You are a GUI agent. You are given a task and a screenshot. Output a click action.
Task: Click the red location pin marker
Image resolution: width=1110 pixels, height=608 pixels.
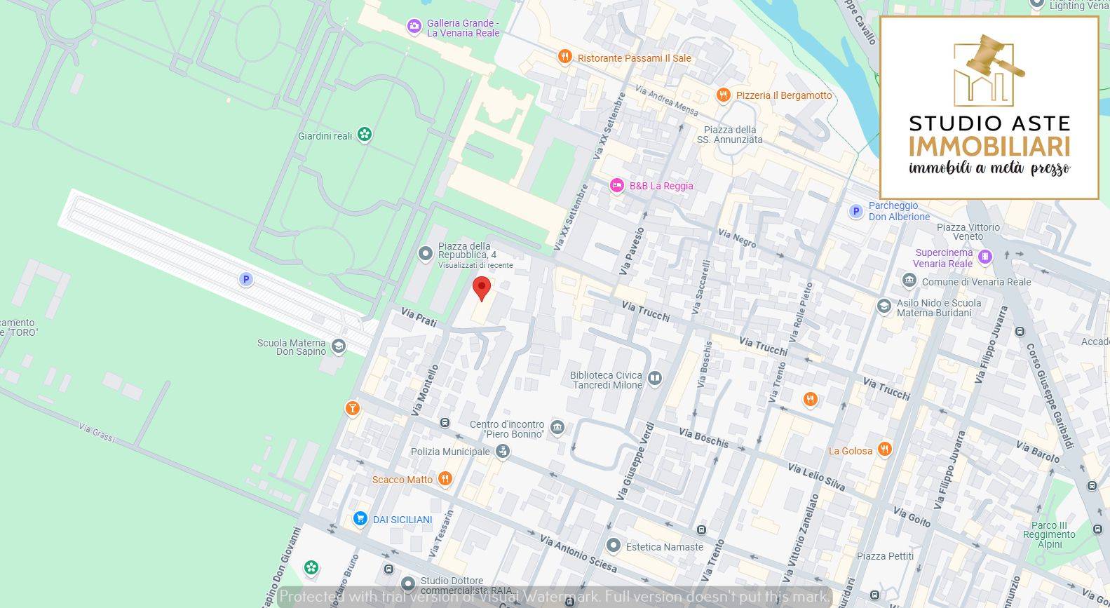(x=481, y=288)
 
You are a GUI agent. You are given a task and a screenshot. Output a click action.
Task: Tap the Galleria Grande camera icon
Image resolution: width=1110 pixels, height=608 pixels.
(x=414, y=27)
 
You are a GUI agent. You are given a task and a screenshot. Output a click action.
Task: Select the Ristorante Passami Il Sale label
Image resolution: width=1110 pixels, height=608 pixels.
(x=634, y=58)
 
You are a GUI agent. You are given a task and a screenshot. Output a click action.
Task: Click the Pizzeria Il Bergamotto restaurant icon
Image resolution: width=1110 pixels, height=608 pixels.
(x=724, y=95)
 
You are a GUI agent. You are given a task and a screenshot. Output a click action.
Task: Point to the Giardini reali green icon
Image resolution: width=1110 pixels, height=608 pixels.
(x=364, y=134)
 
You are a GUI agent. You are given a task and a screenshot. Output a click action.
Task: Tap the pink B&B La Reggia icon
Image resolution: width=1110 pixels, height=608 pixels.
(x=616, y=185)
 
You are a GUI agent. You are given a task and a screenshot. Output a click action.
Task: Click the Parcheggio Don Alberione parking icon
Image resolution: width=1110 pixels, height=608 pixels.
(x=855, y=211)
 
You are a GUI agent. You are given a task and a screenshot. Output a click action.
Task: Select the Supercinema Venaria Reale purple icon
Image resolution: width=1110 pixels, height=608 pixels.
(x=985, y=257)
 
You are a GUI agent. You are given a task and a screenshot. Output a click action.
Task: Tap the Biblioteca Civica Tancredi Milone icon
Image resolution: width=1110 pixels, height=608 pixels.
(x=654, y=379)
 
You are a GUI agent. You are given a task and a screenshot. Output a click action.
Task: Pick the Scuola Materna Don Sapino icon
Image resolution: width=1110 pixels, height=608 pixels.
(x=339, y=346)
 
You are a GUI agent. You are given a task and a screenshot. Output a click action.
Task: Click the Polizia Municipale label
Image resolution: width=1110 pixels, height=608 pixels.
(x=450, y=452)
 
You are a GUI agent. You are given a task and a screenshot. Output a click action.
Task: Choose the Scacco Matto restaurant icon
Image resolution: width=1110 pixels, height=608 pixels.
(x=445, y=479)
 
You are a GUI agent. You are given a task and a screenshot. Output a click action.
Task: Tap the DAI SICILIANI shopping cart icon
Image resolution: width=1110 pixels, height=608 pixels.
(x=360, y=519)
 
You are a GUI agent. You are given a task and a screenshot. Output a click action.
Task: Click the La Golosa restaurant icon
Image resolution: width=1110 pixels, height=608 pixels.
(x=885, y=450)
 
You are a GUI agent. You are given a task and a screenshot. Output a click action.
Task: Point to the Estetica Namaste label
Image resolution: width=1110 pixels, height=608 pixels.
(x=664, y=547)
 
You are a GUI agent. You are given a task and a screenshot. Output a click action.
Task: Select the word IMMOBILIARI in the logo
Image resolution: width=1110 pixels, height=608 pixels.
(x=989, y=147)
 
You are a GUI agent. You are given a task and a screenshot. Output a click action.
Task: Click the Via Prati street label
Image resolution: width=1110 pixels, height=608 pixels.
(x=419, y=317)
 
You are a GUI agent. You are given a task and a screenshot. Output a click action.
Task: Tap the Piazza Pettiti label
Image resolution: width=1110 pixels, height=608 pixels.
(x=885, y=556)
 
